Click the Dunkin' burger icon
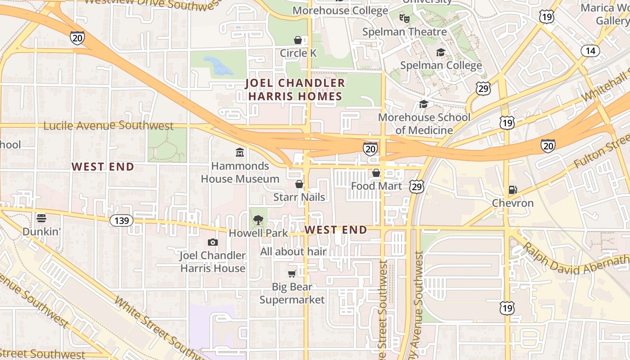[x=41, y=218]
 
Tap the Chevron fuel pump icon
[x=513, y=190]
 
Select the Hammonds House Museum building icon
[x=240, y=153]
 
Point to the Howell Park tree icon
[x=258, y=220]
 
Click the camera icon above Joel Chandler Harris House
[x=213, y=243]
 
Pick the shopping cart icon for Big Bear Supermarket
[x=292, y=274]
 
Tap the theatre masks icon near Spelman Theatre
[x=405, y=18]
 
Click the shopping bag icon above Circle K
[x=298, y=40]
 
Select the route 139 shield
[x=121, y=220]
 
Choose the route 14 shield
[x=590, y=51]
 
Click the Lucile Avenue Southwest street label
[x=108, y=126]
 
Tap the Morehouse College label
[x=340, y=10]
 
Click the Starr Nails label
[x=299, y=197]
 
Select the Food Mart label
[x=376, y=186]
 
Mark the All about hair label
[x=293, y=252]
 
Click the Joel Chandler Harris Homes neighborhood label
[x=295, y=90]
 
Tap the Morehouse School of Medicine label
[x=424, y=124]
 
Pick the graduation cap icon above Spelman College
[x=441, y=53]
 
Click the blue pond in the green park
[x=219, y=66]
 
